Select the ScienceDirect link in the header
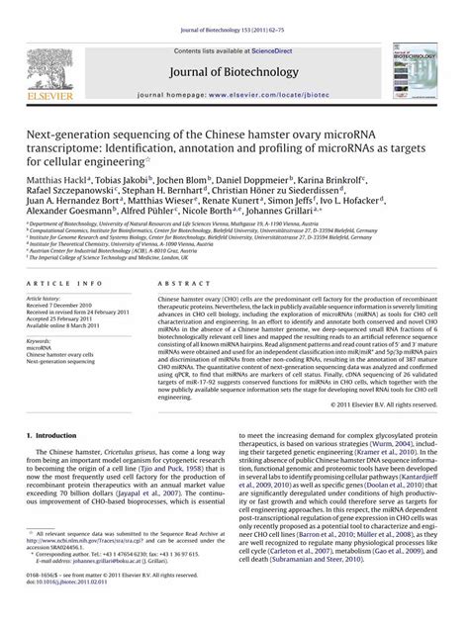pyautogui.click(x=278, y=22)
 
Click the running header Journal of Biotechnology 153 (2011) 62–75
pyautogui.click(x=234, y=8)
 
